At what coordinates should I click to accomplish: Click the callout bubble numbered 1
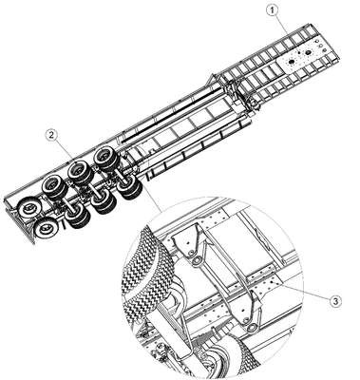(x=272, y=10)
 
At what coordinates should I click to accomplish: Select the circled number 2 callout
(x=52, y=135)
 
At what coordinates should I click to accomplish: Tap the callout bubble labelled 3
(x=335, y=300)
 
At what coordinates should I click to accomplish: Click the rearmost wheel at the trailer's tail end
(x=46, y=228)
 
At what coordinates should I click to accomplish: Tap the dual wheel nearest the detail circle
(x=130, y=187)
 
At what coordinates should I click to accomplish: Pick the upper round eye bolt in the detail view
(x=196, y=260)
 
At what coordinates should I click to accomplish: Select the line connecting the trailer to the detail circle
(x=153, y=199)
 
